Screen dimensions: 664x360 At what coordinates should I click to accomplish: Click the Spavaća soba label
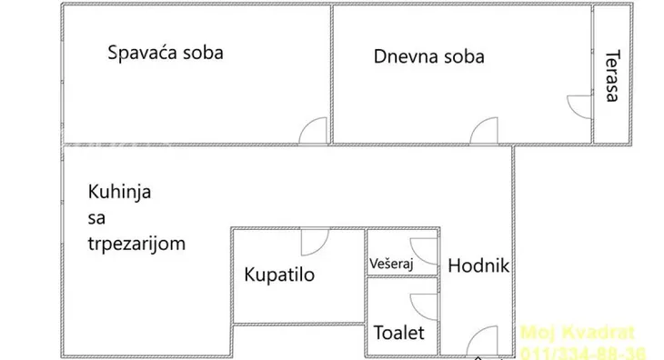[165, 52]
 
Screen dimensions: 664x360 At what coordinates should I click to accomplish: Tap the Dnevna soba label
[428, 56]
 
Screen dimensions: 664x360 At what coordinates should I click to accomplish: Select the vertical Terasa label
[611, 75]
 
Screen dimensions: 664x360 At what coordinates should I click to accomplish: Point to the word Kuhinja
[118, 192]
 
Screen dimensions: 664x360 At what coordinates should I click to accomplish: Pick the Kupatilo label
[279, 275]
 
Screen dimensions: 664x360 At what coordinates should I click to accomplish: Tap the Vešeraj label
[391, 264]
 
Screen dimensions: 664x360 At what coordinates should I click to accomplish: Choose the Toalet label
[398, 334]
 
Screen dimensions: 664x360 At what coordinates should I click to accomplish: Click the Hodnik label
[477, 267]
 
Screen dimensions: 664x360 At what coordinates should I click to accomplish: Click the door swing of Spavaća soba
[314, 131]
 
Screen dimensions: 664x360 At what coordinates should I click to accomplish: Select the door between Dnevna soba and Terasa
[580, 105]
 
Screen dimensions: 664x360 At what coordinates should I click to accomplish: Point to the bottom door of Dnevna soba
[484, 131]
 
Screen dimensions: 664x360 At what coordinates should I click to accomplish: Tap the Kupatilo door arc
[314, 241]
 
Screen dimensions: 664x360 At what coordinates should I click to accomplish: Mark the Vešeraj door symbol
[424, 249]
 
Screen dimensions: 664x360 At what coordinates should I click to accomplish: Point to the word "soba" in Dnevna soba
[463, 56]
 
